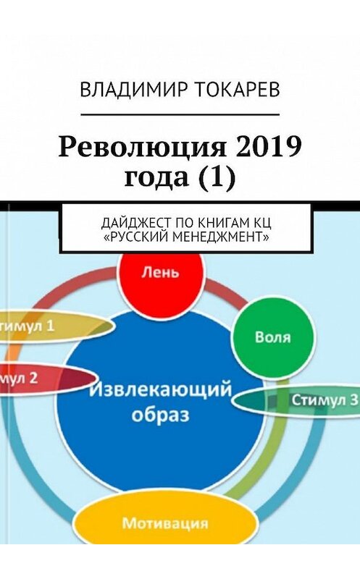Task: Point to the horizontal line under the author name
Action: click(x=180, y=114)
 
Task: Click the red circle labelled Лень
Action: click(x=161, y=274)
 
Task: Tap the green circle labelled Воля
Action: click(x=273, y=337)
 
